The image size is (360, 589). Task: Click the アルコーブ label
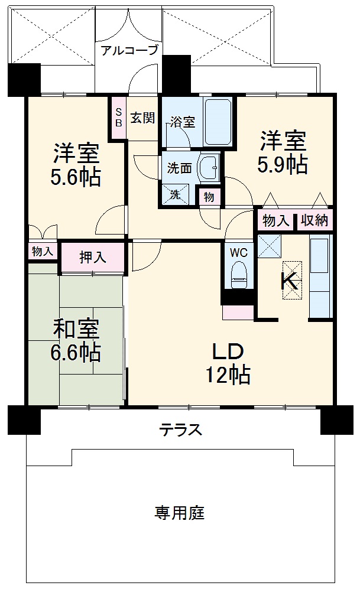129,50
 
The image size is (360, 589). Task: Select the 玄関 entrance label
142,118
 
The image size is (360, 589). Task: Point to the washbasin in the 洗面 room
209,168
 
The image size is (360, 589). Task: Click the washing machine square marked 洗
176,194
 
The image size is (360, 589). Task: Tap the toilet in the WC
239,274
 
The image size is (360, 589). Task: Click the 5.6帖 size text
76,177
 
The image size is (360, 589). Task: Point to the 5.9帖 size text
283,165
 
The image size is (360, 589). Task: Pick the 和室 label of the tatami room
75,328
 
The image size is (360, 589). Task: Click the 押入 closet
93,257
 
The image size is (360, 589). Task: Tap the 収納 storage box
314,220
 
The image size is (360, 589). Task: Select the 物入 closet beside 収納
275,220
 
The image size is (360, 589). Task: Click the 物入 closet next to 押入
42,251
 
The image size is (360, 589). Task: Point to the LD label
228,352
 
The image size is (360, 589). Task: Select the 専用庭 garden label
180,513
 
